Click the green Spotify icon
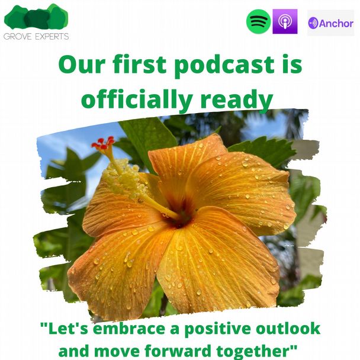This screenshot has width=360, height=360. coord(258,21)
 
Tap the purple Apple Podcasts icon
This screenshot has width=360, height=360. coord(285,21)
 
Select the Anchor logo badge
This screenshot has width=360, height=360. coord(330,22)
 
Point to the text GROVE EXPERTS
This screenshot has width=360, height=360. coord(36,36)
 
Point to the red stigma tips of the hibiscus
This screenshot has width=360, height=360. coord(103,143)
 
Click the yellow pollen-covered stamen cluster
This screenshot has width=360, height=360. coord(123,177)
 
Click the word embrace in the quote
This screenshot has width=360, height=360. coord(129,329)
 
